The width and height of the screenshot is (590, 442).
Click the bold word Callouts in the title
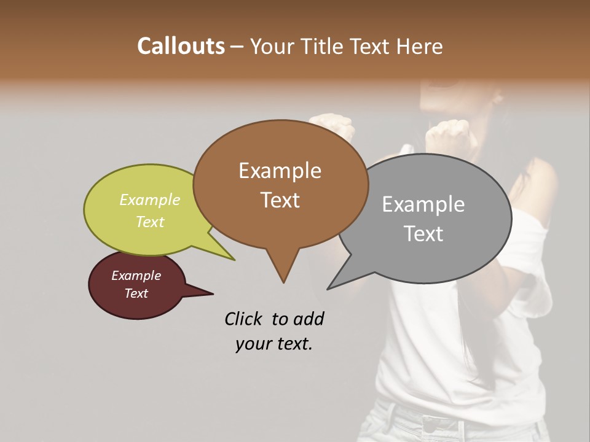(181, 46)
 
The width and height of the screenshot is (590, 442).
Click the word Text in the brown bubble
(280, 200)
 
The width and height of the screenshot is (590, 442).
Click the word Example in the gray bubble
(423, 204)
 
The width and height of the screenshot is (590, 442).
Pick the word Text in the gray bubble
(423, 234)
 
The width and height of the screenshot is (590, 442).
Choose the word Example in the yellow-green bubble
(150, 200)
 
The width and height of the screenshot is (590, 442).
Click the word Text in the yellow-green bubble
(150, 222)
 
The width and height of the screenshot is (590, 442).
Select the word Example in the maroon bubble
(136, 276)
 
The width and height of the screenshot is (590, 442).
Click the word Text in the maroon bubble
(136, 293)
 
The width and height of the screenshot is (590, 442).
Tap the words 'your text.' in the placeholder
(274, 344)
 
